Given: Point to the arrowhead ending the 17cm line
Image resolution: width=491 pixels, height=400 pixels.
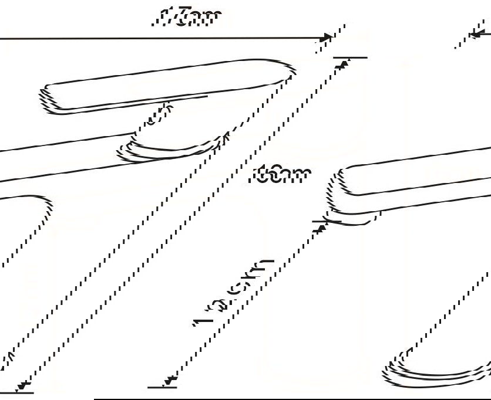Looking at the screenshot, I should (x=324, y=38).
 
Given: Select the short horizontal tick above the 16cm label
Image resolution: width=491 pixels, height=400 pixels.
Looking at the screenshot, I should (x=350, y=57).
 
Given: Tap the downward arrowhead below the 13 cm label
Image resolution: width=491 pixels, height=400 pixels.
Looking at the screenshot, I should (x=170, y=382).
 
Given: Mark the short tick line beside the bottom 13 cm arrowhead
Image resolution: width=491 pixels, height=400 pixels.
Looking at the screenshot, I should (x=162, y=388).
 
